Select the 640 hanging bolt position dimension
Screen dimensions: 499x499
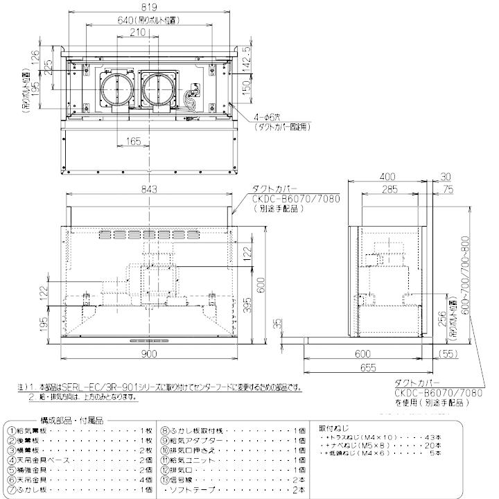tap(148, 21)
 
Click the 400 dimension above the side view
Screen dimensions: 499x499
tap(389, 177)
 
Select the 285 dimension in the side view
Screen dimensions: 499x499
tap(389, 189)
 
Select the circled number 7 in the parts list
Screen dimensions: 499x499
tap(12, 489)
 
